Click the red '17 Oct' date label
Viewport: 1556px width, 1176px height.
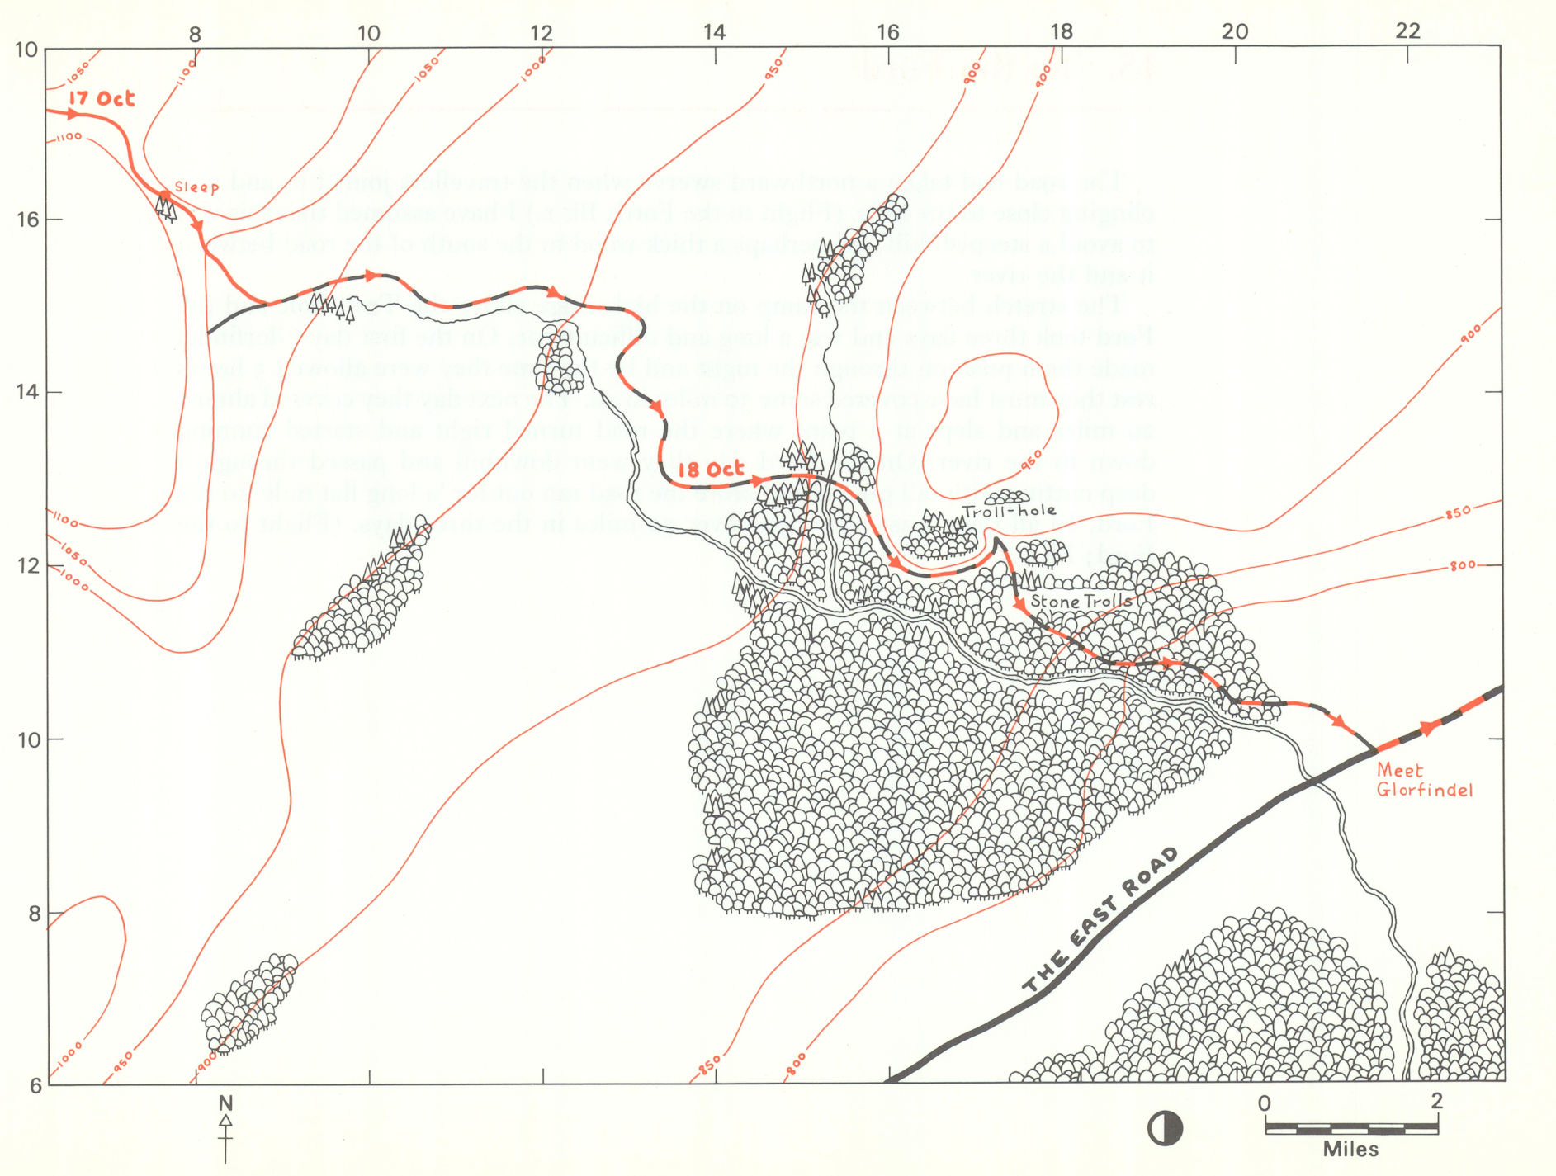coord(101,99)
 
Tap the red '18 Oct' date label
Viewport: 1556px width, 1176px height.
coord(711,470)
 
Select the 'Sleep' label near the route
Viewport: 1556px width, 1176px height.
coord(197,187)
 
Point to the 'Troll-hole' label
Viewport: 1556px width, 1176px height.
coord(1010,511)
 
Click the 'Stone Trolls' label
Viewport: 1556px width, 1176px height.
coord(1081,602)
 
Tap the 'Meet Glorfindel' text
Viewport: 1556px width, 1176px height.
coord(1423,780)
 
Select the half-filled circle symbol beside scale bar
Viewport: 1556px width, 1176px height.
coord(1165,1128)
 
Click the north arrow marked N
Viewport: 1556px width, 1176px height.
coord(225,1126)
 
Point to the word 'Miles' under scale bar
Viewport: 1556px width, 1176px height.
coord(1350,1149)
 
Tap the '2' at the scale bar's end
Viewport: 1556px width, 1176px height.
coord(1436,1101)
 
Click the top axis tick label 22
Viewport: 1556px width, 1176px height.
coord(1408,31)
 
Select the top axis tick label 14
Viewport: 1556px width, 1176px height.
coord(714,32)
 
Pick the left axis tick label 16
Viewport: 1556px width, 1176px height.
coord(27,220)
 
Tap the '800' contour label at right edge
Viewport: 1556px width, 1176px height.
coord(1462,566)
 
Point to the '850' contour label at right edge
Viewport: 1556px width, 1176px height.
coord(1457,513)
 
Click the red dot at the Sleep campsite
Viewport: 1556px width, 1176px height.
coord(164,196)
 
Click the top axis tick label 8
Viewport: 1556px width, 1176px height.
coord(195,35)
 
